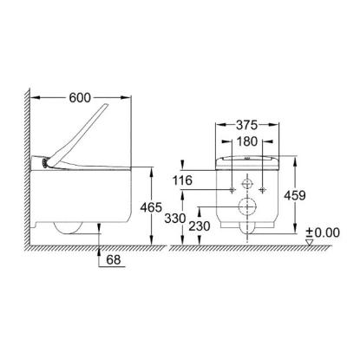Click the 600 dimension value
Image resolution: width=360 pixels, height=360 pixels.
[x=80, y=98]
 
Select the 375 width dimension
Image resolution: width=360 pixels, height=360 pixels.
[x=246, y=125]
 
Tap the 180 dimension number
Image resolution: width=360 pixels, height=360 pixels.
[x=246, y=141]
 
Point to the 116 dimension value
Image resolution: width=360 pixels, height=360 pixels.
[x=182, y=180]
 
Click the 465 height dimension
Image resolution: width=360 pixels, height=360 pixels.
[x=151, y=207]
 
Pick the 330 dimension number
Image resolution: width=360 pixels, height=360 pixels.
[x=175, y=219]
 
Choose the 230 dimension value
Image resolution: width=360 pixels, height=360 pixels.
[x=200, y=226]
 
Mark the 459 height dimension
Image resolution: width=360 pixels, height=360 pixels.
[x=295, y=195]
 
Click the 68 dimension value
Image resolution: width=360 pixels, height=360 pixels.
[x=114, y=259]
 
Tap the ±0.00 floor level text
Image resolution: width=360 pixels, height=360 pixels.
[x=323, y=232]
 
